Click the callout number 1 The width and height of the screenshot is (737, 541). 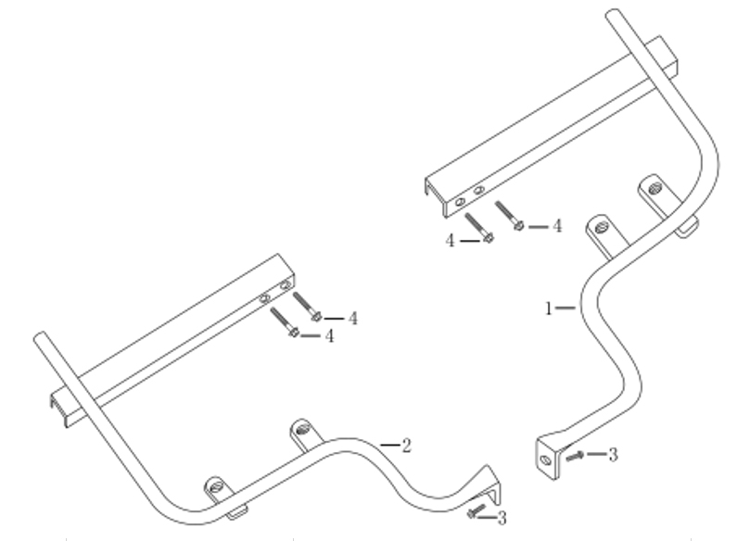[x=548, y=308]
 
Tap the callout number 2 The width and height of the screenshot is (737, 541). [x=407, y=446]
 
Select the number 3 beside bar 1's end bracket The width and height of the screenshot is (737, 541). [x=613, y=454]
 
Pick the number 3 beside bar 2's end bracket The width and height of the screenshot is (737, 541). [x=502, y=518]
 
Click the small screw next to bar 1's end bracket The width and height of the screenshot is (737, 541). [x=576, y=456]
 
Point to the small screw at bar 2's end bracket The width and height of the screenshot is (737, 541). [x=477, y=511]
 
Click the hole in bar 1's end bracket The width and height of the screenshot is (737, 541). [x=546, y=459]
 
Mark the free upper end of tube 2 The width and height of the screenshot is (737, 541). [x=40, y=336]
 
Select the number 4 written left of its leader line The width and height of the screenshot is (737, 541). [x=451, y=241]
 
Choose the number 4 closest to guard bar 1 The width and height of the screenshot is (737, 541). [x=557, y=226]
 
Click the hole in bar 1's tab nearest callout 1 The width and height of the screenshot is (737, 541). [x=601, y=228]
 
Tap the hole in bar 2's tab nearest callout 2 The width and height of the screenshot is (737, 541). [x=303, y=428]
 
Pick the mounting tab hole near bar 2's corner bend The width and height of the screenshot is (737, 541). [x=216, y=486]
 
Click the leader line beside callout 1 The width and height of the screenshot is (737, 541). [x=565, y=308]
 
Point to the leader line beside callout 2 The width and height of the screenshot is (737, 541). [x=389, y=445]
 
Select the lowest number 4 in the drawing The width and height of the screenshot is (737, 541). [x=329, y=335]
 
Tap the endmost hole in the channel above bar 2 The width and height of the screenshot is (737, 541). [x=285, y=284]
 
